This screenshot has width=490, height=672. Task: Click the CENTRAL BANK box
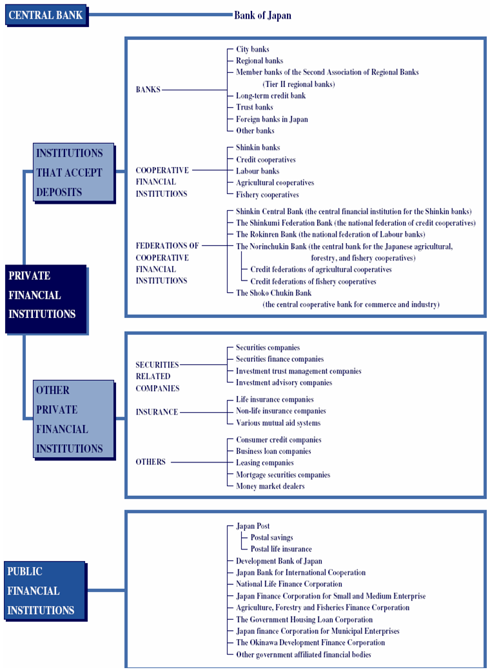coord(46,15)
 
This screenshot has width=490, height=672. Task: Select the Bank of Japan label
coord(262,15)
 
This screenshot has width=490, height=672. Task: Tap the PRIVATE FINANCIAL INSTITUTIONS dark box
coord(46,299)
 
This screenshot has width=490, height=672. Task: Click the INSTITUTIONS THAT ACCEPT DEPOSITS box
coord(73,172)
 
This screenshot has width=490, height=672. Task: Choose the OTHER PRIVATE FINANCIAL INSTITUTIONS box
coord(73,420)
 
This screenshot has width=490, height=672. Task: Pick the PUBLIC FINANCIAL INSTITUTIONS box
coord(45,591)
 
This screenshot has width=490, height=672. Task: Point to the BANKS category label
coord(148,90)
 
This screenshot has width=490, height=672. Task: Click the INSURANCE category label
coord(157,412)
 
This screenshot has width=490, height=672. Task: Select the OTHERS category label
coord(150,462)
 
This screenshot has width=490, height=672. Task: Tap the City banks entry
coord(253,49)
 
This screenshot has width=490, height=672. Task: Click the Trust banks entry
coord(255,107)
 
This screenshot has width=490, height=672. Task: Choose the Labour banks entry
coord(257,171)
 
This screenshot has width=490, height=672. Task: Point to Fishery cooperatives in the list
coord(268,195)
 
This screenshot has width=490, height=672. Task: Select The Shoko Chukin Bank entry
coord(274,293)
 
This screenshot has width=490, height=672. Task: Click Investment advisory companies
coord(284,382)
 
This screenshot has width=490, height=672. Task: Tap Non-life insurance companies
coord(281,411)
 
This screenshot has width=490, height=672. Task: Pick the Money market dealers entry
coord(270,486)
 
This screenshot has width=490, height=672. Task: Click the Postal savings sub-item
coord(272,537)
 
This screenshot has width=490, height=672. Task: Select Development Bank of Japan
coord(279,561)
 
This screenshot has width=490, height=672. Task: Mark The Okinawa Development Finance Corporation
coord(311,642)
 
